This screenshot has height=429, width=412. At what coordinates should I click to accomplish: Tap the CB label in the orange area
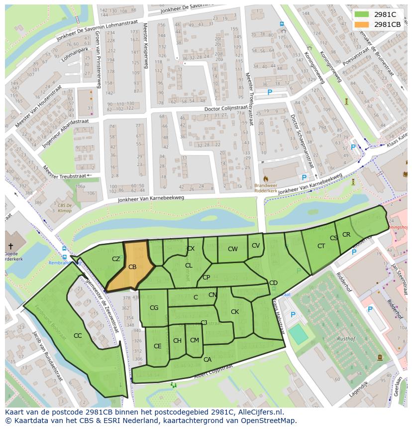(132, 267)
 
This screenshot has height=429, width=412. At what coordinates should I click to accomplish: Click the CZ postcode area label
(116, 259)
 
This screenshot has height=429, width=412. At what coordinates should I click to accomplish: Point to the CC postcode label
(78, 335)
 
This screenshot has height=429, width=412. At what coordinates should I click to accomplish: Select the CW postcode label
(232, 249)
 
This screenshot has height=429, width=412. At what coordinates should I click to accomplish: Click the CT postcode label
(321, 246)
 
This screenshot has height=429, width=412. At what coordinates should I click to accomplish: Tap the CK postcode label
(235, 312)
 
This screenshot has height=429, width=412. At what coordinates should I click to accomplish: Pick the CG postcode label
(154, 308)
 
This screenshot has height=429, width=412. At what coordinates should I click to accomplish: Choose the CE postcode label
(157, 346)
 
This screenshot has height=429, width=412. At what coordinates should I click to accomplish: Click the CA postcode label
(207, 359)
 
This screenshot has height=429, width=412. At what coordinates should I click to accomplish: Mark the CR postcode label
(346, 235)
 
